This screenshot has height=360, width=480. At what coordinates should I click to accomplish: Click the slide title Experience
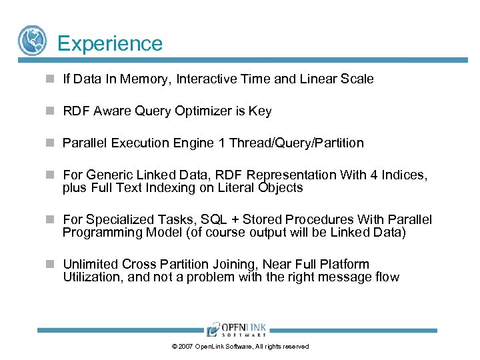110,43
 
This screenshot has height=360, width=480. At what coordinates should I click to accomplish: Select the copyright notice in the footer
240,347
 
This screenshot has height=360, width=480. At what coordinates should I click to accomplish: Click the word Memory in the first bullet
149,79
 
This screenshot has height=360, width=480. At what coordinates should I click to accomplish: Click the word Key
260,111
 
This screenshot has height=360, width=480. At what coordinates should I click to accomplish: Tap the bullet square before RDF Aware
50,111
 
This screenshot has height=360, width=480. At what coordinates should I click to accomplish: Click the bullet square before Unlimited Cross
50,265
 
